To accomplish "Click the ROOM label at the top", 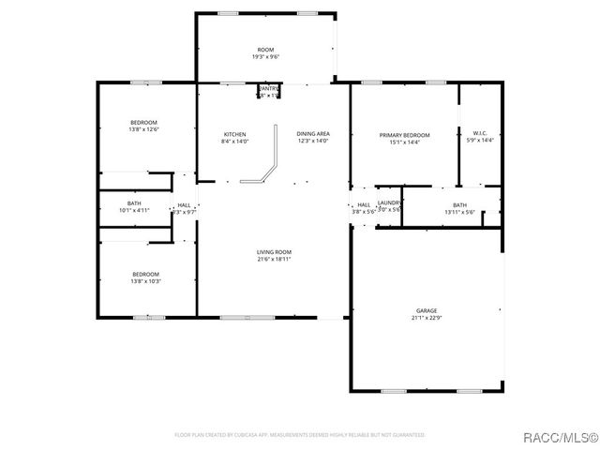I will [266, 49].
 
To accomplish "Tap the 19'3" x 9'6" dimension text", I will [266, 57].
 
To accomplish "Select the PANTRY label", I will [269, 88].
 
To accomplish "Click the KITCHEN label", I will [234, 134].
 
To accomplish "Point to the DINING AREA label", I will [313, 134].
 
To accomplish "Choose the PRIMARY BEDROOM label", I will [404, 135].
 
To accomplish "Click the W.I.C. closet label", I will [479, 134].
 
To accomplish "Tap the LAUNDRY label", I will [389, 202].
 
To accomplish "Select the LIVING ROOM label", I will [275, 251].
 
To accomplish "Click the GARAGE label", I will [427, 310].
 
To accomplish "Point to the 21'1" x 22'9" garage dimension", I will [427, 319].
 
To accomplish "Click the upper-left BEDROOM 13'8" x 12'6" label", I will [143, 123].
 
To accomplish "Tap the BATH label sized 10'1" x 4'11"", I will [134, 203].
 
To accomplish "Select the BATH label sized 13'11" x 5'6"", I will [459, 205].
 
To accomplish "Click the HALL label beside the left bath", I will [184, 205].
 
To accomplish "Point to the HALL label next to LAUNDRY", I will [363, 205].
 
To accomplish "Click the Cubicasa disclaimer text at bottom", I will [300, 435].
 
